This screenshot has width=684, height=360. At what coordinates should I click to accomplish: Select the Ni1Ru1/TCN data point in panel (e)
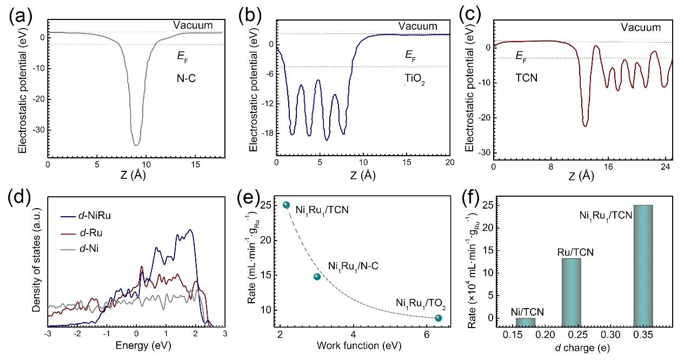click(x=287, y=205)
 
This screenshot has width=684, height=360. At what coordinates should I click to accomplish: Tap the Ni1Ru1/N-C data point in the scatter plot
click(x=317, y=277)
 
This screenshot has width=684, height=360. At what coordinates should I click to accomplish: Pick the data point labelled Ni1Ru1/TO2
click(x=438, y=318)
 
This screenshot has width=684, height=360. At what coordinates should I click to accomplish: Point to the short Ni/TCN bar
click(x=526, y=321)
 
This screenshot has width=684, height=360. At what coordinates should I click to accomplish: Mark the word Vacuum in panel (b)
click(x=417, y=26)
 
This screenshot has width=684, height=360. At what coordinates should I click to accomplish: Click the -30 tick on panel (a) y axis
click(x=38, y=130)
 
